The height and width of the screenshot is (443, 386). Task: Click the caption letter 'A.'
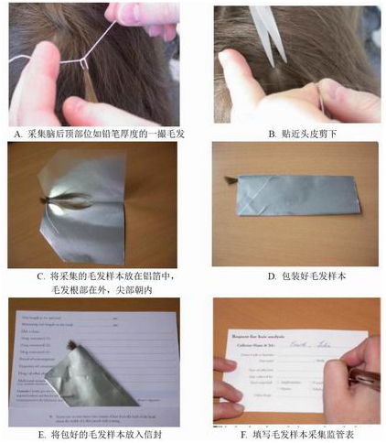coord(17,134)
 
